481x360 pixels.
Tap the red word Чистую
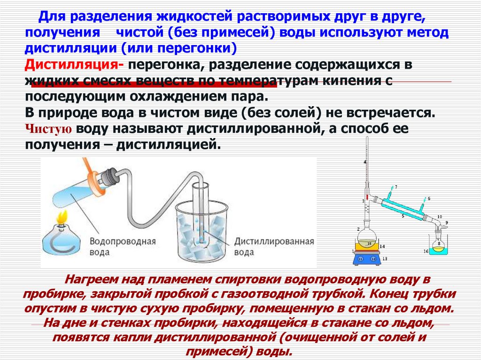click(x=48, y=129)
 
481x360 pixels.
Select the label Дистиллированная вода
click(x=274, y=246)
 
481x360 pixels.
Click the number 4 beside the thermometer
click(x=365, y=162)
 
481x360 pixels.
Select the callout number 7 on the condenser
click(x=396, y=187)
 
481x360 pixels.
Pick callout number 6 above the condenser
click(x=429, y=199)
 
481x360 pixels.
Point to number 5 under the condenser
click(x=403, y=217)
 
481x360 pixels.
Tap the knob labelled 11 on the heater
click(x=361, y=258)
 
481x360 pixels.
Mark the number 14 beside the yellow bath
click(x=383, y=246)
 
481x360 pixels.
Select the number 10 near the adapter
click(x=439, y=216)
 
